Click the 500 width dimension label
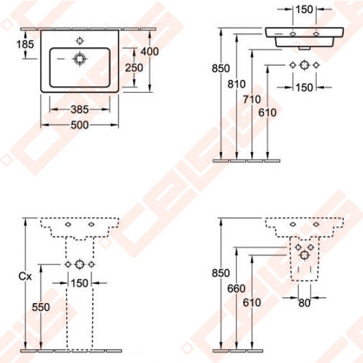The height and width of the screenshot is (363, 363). (80, 125)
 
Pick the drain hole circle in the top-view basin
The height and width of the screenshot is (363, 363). (79, 59)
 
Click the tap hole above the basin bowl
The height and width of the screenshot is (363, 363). (79, 40)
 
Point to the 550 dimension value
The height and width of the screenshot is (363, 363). (41, 308)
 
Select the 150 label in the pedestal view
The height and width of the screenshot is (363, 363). (79, 283)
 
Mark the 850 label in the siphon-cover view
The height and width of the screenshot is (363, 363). (220, 273)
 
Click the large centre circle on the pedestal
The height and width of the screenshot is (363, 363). (79, 265)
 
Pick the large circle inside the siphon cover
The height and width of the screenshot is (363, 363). (304, 255)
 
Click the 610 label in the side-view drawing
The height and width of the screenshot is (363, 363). (267, 112)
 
